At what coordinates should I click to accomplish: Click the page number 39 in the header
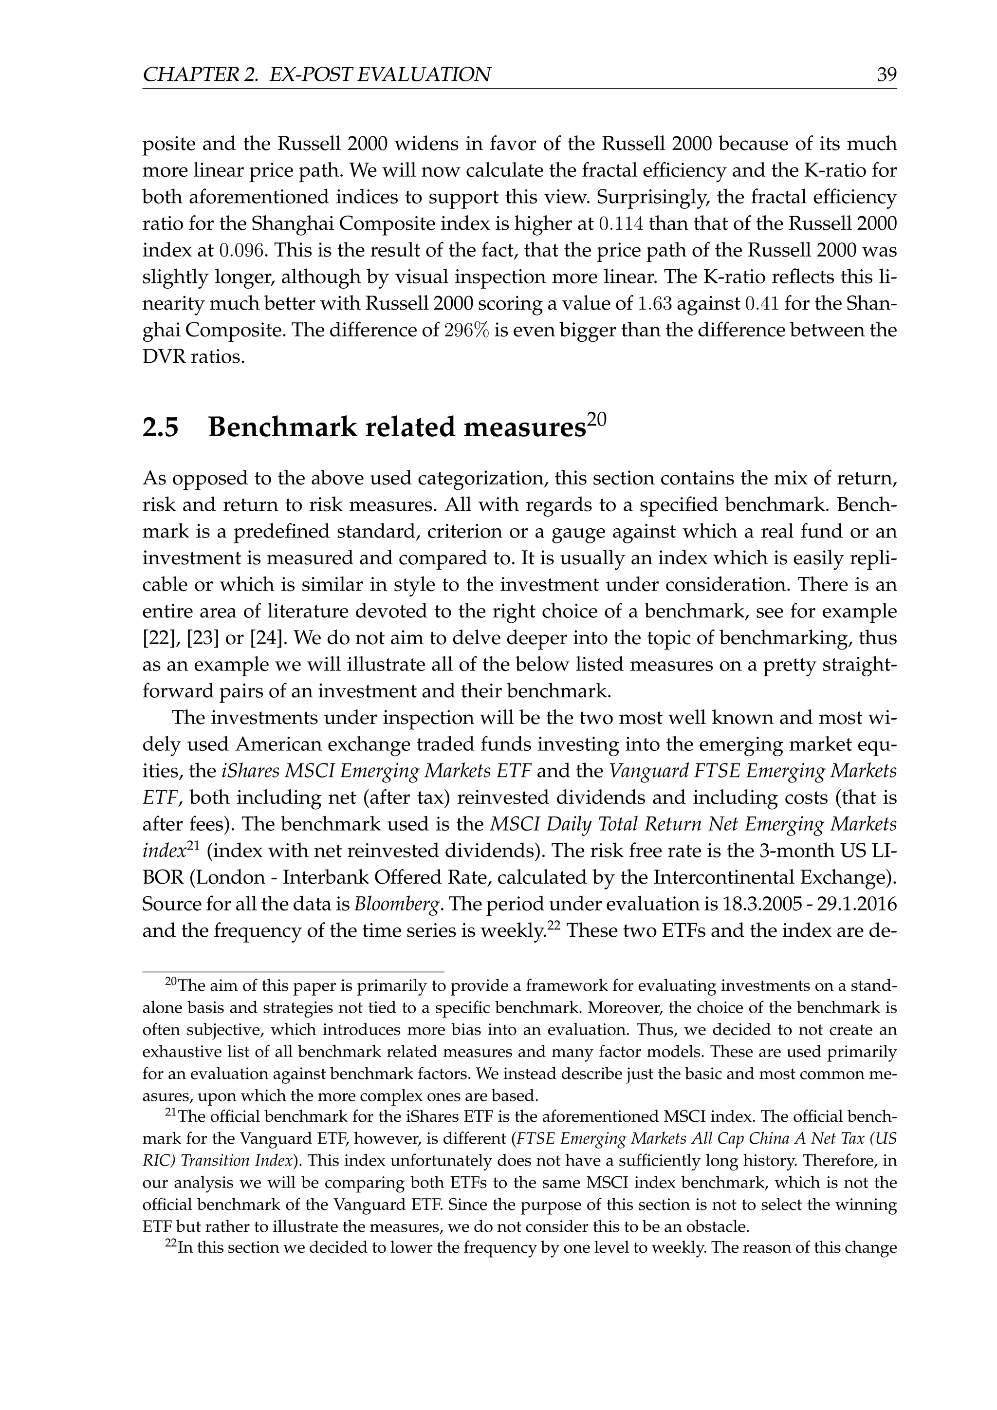886,75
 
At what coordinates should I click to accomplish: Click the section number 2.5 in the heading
160,427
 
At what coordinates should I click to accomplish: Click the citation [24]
268,639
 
